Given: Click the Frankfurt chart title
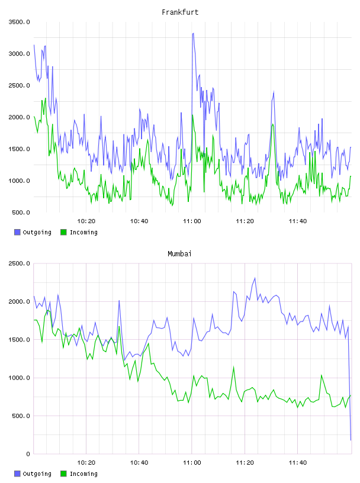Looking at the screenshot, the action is click(180, 12).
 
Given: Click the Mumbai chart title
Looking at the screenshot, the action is click(179, 254).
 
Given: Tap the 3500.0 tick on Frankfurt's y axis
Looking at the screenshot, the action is click(19, 22).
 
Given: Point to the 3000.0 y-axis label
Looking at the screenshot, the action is click(19, 54).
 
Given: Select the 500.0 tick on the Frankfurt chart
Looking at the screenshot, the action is click(21, 212).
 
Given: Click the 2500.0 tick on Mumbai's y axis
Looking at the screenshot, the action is click(19, 263).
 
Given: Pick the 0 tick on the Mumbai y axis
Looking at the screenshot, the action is click(28, 454).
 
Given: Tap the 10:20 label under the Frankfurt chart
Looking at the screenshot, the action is click(86, 221).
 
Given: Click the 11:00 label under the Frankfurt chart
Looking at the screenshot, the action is click(192, 221).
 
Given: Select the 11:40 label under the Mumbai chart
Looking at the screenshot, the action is click(298, 463).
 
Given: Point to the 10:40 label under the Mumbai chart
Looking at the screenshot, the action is click(139, 463).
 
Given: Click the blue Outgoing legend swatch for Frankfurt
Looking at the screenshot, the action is click(17, 232).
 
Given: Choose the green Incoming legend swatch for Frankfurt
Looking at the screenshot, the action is click(63, 232).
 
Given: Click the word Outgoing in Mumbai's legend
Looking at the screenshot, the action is click(37, 474).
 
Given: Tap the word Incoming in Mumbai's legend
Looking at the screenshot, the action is click(83, 474).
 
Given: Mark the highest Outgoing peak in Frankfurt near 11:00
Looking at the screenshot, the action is click(193, 33).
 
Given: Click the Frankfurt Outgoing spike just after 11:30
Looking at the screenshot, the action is click(274, 92).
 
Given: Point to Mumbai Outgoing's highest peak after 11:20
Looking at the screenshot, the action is click(255, 278).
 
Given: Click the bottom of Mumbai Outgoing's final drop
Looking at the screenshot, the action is click(351, 440).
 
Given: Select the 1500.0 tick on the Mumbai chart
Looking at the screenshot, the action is click(19, 339).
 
